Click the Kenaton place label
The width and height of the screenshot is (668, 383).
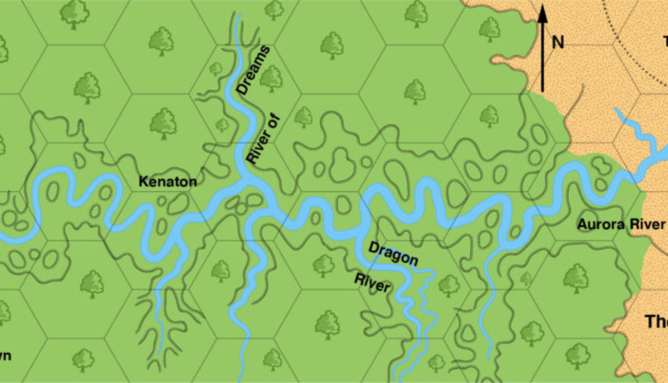[168, 182]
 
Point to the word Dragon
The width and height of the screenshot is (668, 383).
[393, 253]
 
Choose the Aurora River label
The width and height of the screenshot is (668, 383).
[621, 225]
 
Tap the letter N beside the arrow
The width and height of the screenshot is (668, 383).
[557, 43]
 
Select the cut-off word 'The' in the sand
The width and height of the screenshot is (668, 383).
[656, 321]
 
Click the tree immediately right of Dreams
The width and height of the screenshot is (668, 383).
[271, 78]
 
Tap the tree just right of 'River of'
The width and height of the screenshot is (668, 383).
[303, 117]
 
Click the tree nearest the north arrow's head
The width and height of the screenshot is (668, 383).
[490, 29]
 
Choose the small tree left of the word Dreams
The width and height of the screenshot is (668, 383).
[216, 69]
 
